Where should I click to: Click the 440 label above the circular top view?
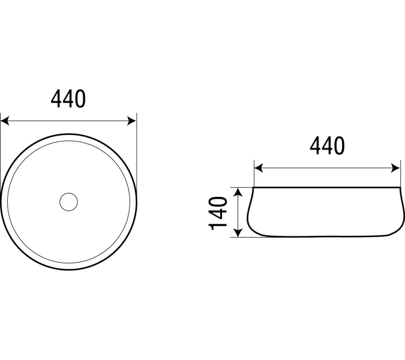(68, 99)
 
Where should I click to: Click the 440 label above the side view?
(327, 146)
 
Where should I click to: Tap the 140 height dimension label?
(217, 214)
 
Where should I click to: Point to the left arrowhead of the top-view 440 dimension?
(5, 121)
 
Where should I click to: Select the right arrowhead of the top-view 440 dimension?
(132, 121)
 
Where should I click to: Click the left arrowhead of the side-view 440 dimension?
(259, 168)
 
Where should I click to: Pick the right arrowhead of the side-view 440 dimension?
(395, 168)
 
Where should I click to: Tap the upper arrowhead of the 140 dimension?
(238, 193)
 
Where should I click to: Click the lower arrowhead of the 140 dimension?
(238, 232)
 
